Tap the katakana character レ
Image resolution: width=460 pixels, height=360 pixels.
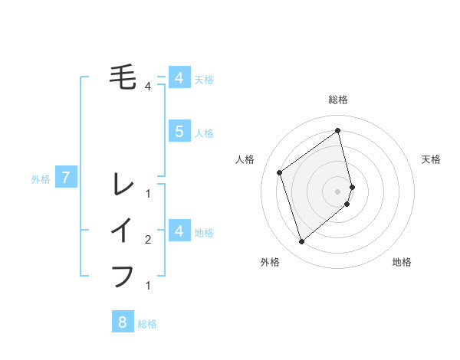click(x=123, y=184)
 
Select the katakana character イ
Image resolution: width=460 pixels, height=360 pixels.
click(x=123, y=230)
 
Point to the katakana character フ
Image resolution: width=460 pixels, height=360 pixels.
click(x=123, y=275)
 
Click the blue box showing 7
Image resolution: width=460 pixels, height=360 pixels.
click(x=66, y=178)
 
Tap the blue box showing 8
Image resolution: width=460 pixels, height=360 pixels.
click(x=123, y=322)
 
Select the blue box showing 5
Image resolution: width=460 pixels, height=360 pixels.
click(x=179, y=131)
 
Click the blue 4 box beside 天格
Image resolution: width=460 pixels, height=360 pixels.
click(x=179, y=77)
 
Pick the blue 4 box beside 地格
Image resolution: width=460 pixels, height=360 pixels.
click(x=179, y=231)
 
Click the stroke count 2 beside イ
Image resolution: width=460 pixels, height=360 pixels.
click(x=148, y=241)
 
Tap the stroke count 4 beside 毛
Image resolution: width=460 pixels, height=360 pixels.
click(x=148, y=87)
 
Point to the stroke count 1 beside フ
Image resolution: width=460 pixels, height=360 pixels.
click(x=148, y=286)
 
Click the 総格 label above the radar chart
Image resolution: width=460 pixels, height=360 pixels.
click(x=338, y=100)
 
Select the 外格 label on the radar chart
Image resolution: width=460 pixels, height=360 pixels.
click(x=270, y=262)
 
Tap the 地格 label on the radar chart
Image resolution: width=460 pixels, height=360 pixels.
click(x=402, y=262)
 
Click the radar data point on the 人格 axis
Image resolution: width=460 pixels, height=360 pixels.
click(x=280, y=172)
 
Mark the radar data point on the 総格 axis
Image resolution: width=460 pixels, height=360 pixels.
click(x=338, y=130)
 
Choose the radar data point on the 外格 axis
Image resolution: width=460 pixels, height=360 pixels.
click(x=302, y=241)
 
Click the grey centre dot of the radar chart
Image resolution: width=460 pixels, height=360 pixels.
click(x=338, y=191)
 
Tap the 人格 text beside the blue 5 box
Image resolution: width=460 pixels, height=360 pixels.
click(x=204, y=133)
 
